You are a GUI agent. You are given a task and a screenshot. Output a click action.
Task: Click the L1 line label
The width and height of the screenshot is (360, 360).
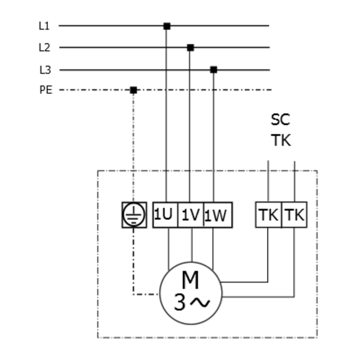click(44, 26)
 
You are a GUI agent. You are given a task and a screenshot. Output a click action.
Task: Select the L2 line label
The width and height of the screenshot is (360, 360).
click(44, 48)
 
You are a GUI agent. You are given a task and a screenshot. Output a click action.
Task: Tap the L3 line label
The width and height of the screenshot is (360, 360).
click(45, 70)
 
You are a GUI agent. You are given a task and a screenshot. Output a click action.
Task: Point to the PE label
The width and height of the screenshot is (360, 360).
click(46, 90)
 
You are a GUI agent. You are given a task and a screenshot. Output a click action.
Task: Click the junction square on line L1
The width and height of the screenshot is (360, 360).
click(167, 26)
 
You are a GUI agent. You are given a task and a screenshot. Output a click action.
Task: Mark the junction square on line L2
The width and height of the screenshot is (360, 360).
click(190, 48)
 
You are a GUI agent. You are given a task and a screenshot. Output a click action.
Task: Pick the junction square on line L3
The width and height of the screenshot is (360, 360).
click(214, 70)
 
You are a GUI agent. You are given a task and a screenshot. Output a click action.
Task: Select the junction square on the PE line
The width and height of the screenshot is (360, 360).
click(133, 90)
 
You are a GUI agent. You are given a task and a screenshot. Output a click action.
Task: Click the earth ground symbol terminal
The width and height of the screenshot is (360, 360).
click(134, 215)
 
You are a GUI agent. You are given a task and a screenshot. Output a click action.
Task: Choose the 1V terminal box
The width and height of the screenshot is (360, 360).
click(191, 215)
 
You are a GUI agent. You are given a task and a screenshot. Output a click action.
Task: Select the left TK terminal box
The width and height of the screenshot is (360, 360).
click(268, 215)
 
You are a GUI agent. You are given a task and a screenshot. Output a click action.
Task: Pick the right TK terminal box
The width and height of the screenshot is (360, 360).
click(294, 215)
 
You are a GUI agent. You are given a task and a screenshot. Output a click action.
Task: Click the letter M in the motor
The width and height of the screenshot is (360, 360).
click(190, 280)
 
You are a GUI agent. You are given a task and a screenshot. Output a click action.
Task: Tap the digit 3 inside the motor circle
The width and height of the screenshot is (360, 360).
click(180, 303)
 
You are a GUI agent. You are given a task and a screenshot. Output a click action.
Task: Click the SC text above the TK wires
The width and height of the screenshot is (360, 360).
click(280, 120)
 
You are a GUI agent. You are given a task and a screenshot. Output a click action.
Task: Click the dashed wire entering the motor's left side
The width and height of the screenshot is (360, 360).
click(146, 294)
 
